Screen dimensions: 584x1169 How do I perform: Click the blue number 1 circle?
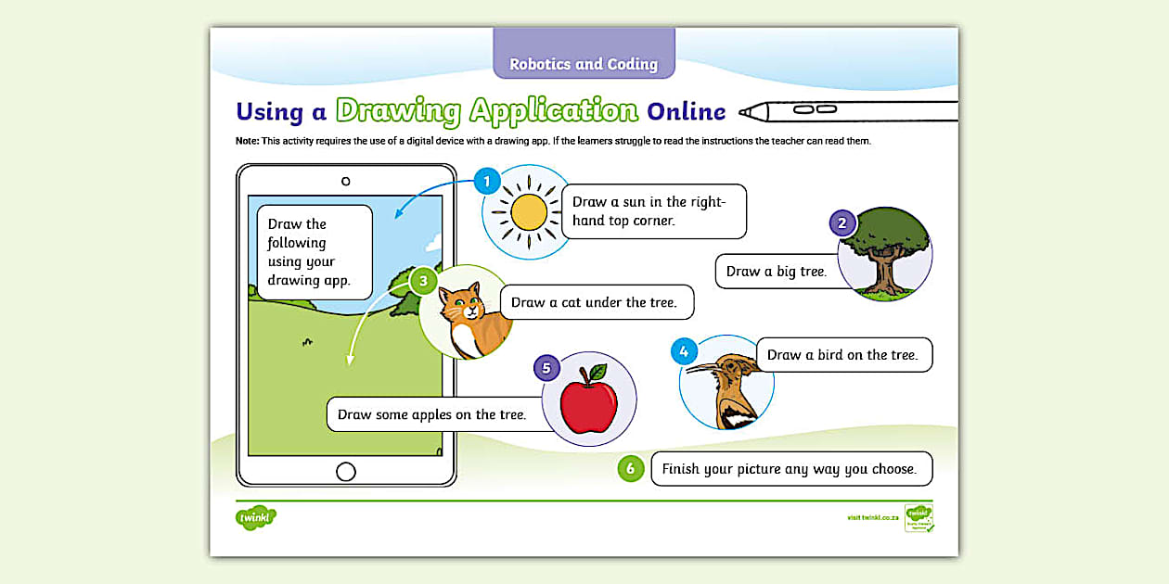[487, 181]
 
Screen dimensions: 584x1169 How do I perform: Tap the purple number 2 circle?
[841, 222]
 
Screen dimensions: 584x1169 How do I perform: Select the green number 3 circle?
[423, 280]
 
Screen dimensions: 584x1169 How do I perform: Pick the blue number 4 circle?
[684, 351]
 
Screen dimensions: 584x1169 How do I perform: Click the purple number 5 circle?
[546, 368]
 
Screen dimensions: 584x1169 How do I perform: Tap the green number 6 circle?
[630, 469]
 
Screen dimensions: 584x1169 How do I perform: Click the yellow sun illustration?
[529, 212]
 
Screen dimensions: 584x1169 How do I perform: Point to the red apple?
[589, 406]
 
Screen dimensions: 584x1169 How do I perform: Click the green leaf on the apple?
[598, 372]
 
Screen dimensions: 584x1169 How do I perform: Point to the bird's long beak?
[703, 368]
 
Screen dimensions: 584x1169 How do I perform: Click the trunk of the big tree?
[882, 273]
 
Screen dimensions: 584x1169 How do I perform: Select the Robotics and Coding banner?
[584, 63]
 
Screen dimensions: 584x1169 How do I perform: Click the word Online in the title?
[686, 112]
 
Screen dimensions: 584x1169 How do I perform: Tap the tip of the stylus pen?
[743, 112]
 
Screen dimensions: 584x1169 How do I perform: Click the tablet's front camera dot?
[346, 182]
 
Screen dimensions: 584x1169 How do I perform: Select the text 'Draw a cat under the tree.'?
[594, 302]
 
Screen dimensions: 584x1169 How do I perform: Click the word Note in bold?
[248, 141]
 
